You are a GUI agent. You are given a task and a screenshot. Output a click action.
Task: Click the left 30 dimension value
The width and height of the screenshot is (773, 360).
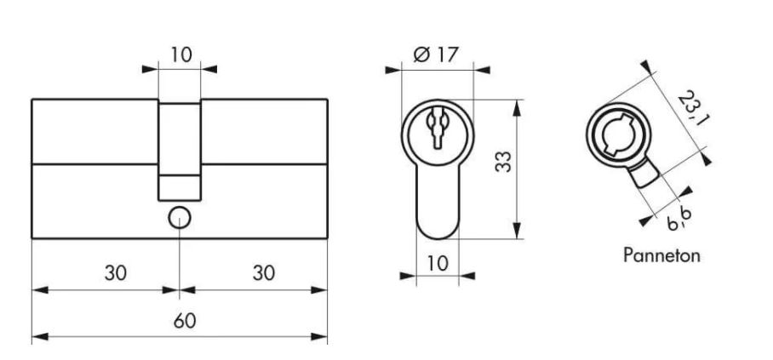coord(116,272)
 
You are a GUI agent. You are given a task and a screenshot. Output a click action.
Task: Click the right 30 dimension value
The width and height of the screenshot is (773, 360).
coord(264,272)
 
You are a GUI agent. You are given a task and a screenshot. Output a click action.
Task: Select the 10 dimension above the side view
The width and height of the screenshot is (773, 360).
coord(180,54)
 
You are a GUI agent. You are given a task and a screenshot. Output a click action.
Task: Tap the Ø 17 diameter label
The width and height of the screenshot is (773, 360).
coord(436,54)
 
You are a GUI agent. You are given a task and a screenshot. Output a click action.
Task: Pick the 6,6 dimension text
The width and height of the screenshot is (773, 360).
coord(679,220)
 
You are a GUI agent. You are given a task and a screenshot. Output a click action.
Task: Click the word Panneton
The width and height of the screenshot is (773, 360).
coord(661,255)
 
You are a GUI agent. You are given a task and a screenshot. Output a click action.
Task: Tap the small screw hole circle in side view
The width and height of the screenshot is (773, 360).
coord(179,219)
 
